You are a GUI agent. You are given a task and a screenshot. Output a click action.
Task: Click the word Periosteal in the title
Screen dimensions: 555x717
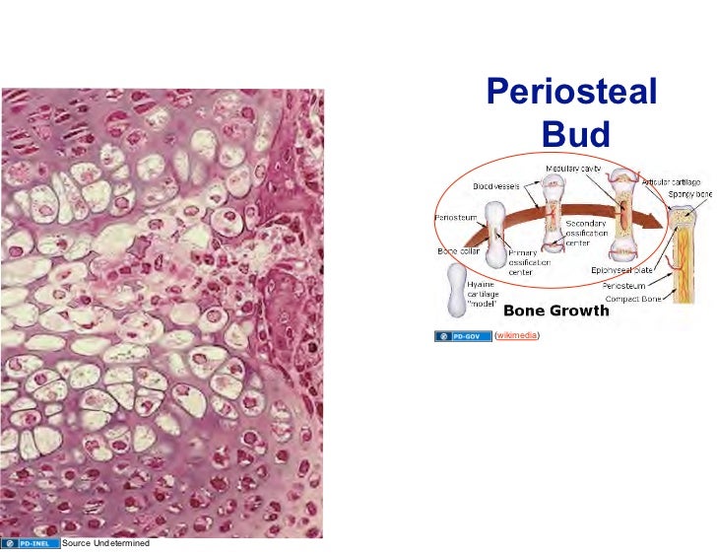tap(572, 93)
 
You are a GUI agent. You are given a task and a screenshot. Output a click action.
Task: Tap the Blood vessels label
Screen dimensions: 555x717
tap(495, 184)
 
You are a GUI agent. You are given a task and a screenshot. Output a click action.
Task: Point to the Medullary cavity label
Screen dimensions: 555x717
tap(573, 169)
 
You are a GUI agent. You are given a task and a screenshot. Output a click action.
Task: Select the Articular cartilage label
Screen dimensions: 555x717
tap(671, 182)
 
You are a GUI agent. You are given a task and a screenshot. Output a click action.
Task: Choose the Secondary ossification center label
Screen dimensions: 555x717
tap(586, 234)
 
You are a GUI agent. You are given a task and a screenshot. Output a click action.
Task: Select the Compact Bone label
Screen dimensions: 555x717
tap(633, 299)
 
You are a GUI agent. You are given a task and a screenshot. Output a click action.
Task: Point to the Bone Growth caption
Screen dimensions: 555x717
tap(556, 312)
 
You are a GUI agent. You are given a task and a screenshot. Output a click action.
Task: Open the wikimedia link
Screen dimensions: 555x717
tap(517, 336)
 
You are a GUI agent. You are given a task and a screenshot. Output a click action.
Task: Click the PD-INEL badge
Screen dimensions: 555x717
tap(29, 543)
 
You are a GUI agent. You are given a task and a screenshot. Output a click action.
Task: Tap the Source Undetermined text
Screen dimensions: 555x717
tap(105, 543)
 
